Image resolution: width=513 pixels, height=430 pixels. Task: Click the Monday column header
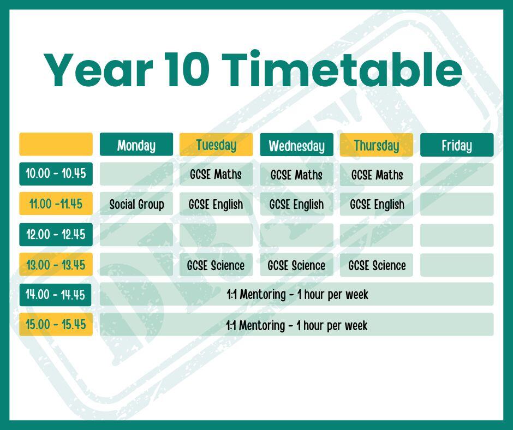pyautogui.click(x=136, y=144)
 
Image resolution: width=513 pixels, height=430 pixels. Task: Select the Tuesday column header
pyautogui.click(x=216, y=144)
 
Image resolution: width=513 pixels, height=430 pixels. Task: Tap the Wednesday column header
pyautogui.click(x=297, y=145)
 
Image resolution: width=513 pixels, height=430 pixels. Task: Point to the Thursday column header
pyautogui.click(x=377, y=145)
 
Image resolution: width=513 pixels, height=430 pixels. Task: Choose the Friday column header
pyautogui.click(x=457, y=145)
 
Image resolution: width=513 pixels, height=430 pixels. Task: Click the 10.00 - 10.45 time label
pyautogui.click(x=56, y=174)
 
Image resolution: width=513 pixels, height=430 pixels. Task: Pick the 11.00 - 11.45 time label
pyautogui.click(x=56, y=204)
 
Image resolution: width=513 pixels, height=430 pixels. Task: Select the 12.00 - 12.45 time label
pyautogui.click(x=56, y=234)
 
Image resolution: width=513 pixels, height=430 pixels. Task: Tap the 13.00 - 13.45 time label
pyautogui.click(x=56, y=265)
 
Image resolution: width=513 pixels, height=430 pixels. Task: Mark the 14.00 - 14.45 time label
pyautogui.click(x=55, y=295)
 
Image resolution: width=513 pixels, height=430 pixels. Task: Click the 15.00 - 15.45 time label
pyautogui.click(x=56, y=324)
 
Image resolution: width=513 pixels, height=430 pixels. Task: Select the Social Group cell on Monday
pyautogui.click(x=136, y=204)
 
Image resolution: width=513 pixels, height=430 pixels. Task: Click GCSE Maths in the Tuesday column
pyautogui.click(x=216, y=175)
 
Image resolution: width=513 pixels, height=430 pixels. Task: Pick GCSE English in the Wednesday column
pyautogui.click(x=297, y=204)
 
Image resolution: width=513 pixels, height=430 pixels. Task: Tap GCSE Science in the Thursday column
pyautogui.click(x=377, y=265)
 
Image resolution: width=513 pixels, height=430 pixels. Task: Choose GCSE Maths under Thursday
pyautogui.click(x=377, y=175)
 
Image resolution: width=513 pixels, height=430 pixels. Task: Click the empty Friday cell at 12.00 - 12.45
pyautogui.click(x=457, y=235)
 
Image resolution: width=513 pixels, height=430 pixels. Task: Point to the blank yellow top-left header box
pyautogui.click(x=56, y=144)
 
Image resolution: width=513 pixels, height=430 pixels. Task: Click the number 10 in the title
pyautogui.click(x=187, y=70)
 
